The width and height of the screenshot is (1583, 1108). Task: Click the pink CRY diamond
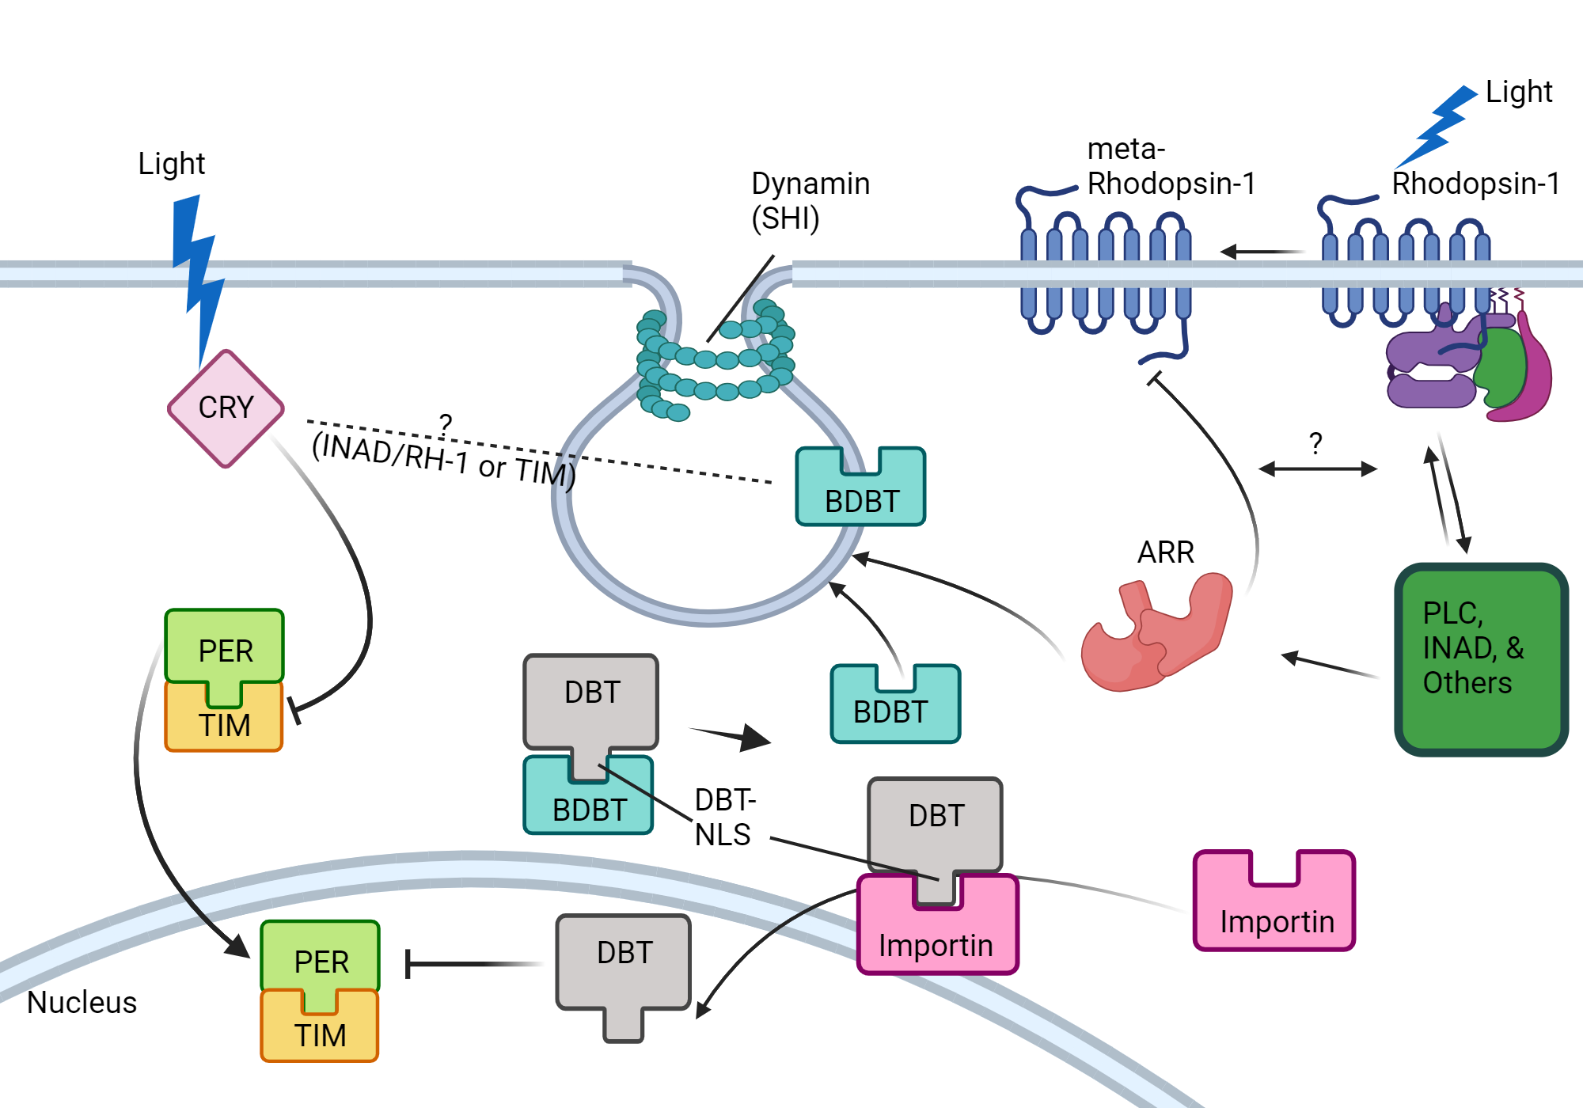pyautogui.click(x=226, y=408)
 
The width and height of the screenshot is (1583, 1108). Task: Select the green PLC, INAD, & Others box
pyautogui.click(x=1481, y=659)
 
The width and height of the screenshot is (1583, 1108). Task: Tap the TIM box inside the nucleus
pyautogui.click(x=320, y=1034)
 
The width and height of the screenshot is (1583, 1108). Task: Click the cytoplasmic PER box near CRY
pyautogui.click(x=225, y=646)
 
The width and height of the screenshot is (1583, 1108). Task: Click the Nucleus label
pyautogui.click(x=82, y=1002)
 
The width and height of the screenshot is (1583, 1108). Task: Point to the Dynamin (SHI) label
pyautogui.click(x=809, y=200)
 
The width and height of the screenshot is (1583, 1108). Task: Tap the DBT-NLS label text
pyautogui.click(x=725, y=817)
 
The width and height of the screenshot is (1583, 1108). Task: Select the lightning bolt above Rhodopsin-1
pyautogui.click(x=1437, y=127)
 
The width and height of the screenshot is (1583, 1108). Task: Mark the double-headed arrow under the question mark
pyautogui.click(x=1318, y=469)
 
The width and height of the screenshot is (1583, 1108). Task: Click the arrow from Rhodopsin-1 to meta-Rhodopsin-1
pyautogui.click(x=1262, y=252)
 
